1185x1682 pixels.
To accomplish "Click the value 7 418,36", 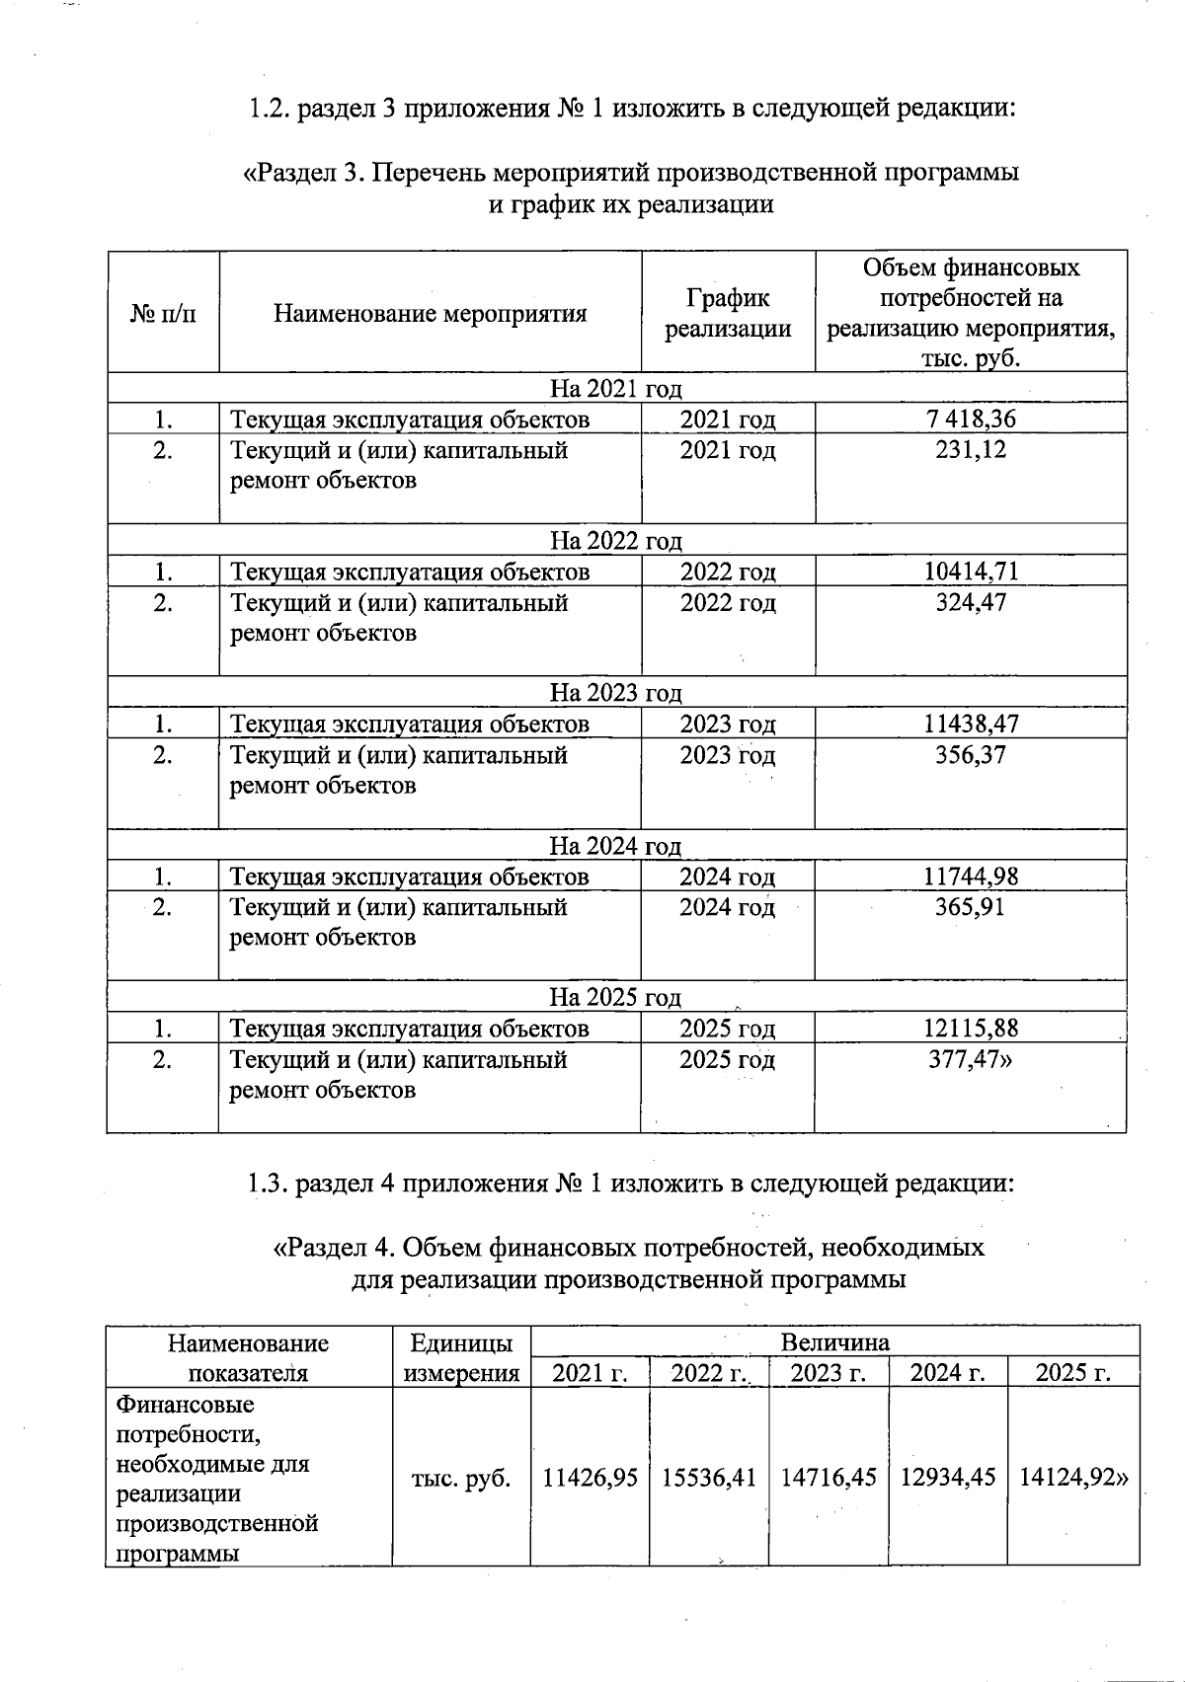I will pos(971,419).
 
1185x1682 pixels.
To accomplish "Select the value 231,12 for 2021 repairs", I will pos(971,450).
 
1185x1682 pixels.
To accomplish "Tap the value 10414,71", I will pos(971,572).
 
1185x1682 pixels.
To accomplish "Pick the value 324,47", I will pos(971,602).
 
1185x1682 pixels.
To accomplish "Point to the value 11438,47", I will pos(971,724).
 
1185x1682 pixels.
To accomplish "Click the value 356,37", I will pos(971,755).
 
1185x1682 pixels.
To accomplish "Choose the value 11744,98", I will pos(971,877).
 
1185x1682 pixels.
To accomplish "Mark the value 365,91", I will pos(971,907).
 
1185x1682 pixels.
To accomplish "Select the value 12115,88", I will pos(971,1029).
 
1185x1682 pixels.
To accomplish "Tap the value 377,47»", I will pos(971,1060).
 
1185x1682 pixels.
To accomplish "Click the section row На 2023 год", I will pos(615,693).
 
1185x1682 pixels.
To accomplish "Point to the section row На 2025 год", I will pos(615,998).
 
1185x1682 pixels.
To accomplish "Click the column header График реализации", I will pos(728,313).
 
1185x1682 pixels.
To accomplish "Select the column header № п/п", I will pos(163,314).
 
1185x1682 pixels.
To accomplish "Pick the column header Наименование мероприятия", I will pos(430,314).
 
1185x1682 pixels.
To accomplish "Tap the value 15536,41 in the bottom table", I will pos(709,1479).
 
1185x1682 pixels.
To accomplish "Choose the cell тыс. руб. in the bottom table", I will pos(461,1479).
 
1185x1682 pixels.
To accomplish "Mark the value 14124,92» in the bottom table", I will pos(1073,1479).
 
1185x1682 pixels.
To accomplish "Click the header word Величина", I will pos(834,1342).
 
